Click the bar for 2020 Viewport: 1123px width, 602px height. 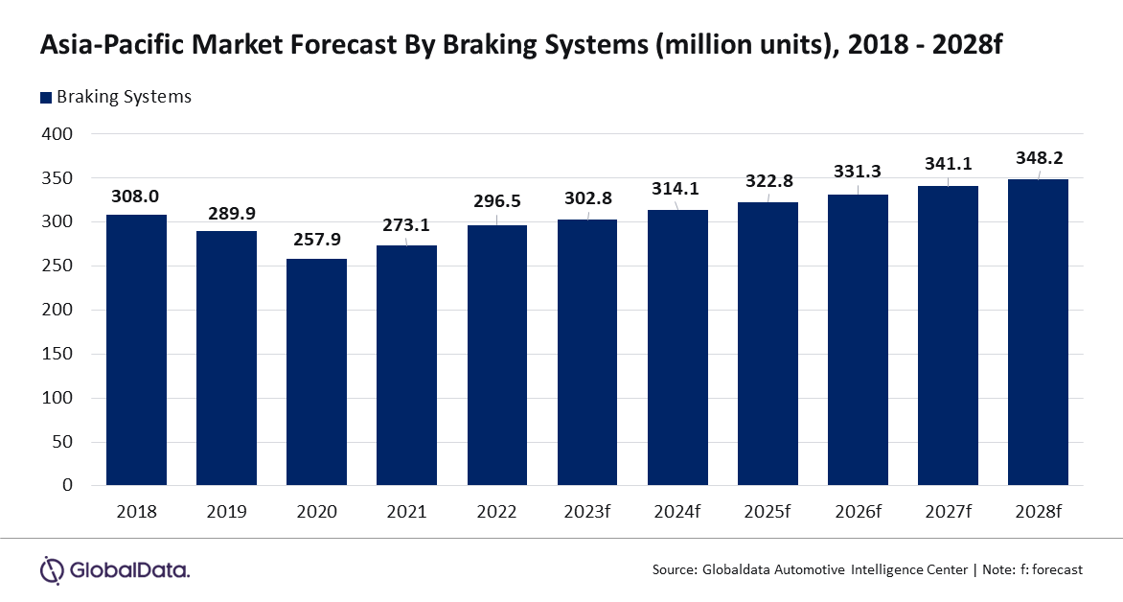pos(316,372)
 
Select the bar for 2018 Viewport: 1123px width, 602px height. pos(136,350)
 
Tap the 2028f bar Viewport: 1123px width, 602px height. pos(1038,333)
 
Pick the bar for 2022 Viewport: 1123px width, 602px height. pos(496,355)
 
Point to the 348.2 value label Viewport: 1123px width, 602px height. pos(1038,158)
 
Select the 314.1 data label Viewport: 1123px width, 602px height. pos(676,189)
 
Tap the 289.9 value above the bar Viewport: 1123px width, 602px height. pos(226,213)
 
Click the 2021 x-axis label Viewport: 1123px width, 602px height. pos(406,512)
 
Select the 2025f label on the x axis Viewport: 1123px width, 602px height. pos(768,512)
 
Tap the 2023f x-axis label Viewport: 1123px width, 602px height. pos(586,512)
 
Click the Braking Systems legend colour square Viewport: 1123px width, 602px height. pos(45,97)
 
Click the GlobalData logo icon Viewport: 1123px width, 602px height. pos(52,568)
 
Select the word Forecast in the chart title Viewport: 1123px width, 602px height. pos(351,45)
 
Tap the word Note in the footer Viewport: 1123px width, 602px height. pos(1001,569)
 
